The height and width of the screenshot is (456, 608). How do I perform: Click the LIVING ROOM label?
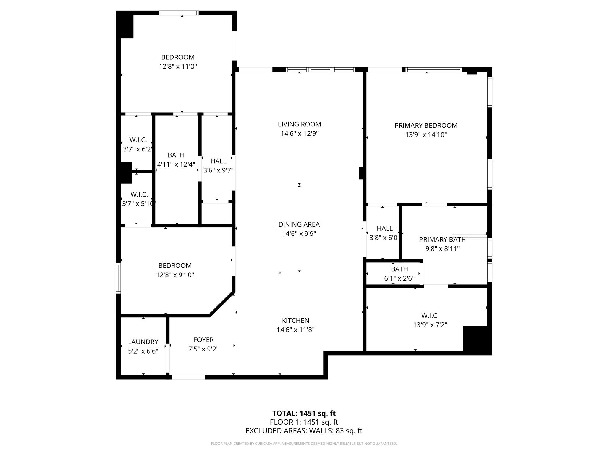[x=300, y=124]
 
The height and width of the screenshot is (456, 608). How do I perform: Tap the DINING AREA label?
[x=299, y=224]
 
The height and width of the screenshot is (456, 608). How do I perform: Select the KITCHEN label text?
[x=295, y=320]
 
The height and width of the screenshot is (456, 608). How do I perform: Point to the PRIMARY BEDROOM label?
[x=426, y=126]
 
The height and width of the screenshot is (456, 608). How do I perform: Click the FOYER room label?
[x=203, y=340]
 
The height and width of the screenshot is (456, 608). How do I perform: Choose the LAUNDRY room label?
[x=143, y=342]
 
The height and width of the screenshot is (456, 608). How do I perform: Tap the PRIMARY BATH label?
[x=442, y=240]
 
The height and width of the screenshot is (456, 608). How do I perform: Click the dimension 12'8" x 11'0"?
[x=178, y=66]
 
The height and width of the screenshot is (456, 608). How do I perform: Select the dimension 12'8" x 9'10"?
[x=175, y=275]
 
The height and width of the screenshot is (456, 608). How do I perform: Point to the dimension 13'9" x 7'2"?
[x=430, y=325]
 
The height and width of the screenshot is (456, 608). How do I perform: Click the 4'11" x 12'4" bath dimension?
[x=176, y=164]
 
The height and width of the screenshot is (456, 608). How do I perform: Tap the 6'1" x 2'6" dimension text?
[x=399, y=278]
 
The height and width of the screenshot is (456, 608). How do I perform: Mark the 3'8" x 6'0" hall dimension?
[x=384, y=238]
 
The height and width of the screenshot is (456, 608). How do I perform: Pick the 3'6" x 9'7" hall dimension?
[x=218, y=170]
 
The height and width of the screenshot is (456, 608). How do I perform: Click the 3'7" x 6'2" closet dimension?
[x=138, y=149]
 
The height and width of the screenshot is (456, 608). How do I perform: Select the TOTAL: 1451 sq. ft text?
[x=304, y=413]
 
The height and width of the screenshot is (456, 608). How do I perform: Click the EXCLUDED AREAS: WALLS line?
[x=304, y=431]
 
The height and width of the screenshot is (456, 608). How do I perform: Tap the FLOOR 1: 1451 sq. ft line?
[x=304, y=422]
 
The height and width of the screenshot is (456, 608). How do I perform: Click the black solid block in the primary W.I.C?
[x=477, y=340]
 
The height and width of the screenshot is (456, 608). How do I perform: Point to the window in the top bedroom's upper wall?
[x=179, y=13]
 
